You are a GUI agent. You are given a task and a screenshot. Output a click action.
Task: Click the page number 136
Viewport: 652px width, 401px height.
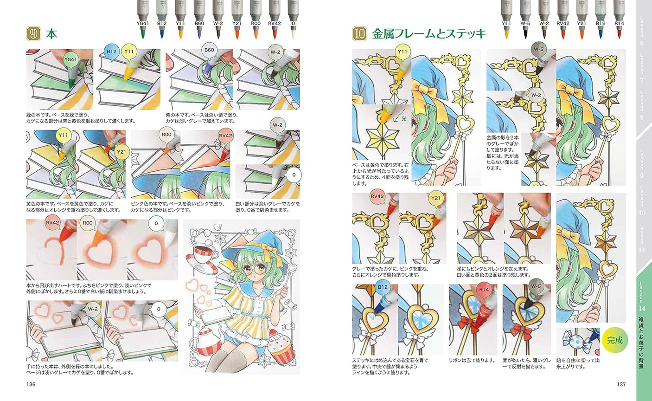[x=31, y=384]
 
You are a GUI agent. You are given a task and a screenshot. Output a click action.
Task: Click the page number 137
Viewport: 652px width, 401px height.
[x=621, y=384]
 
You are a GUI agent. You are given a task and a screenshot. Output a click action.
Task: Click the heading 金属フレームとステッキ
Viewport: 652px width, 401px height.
[x=428, y=33]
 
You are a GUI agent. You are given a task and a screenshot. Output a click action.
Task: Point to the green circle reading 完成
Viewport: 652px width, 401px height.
[x=614, y=340]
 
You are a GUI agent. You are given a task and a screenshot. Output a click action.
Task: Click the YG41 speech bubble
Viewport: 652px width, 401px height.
[x=70, y=60]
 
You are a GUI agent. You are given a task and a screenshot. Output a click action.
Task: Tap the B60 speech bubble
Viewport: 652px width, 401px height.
[x=209, y=51]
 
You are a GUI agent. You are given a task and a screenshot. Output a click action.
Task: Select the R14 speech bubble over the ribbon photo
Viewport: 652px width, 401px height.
[x=484, y=291]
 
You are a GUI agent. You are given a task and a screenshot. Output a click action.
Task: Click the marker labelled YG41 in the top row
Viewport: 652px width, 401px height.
[x=143, y=19]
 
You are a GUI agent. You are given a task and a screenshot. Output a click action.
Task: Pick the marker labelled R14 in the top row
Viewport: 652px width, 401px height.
[x=619, y=19]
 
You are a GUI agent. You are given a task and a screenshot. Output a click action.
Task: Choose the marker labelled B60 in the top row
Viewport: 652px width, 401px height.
[x=199, y=19]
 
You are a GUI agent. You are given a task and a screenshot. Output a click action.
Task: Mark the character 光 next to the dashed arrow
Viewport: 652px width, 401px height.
[x=403, y=119]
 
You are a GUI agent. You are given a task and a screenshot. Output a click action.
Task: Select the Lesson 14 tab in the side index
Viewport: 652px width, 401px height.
[x=642, y=325]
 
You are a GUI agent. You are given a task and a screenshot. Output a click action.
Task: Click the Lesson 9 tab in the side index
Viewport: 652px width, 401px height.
[x=642, y=162]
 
